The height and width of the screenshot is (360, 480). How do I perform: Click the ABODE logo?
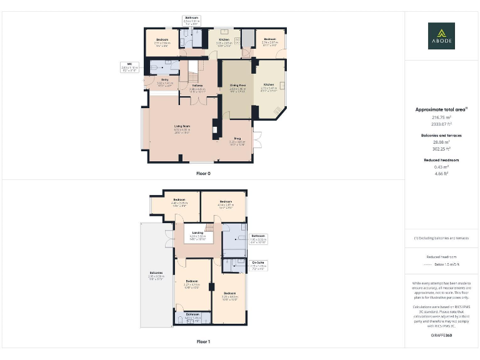[441, 36]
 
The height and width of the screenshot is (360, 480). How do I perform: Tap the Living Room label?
[182, 126]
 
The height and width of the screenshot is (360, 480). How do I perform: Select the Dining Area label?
[237, 85]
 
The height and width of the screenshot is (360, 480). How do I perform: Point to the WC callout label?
[129, 64]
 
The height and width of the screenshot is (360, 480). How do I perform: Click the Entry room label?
[165, 80]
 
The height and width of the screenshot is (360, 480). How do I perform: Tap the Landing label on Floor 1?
[197, 233]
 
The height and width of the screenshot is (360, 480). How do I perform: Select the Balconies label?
[156, 274]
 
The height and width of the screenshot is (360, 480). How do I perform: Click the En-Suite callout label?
[258, 262]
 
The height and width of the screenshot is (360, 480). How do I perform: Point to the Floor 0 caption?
[203, 173]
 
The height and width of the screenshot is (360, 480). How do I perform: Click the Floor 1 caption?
[203, 342]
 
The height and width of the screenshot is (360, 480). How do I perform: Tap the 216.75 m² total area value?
[441, 117]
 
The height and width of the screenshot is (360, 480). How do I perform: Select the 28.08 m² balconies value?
[441, 142]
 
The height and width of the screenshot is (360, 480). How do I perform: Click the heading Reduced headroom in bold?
[441, 160]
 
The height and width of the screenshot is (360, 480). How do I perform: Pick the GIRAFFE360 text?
[441, 336]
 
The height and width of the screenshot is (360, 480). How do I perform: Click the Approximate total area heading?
[441, 109]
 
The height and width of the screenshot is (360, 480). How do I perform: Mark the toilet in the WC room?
[154, 65]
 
